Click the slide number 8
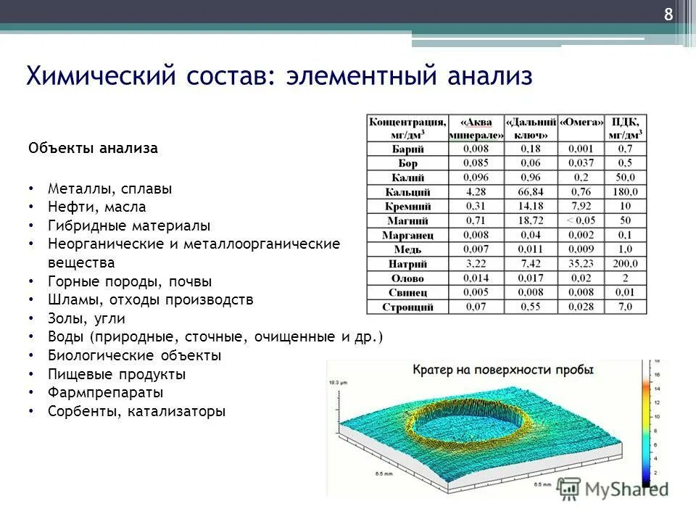pos(668,15)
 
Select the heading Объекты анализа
pos(93,149)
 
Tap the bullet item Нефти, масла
pos(96,207)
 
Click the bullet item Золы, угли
pos(86,318)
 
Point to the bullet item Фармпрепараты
pos(105,393)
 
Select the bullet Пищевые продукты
pos(117,375)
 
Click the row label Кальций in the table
pos(407,192)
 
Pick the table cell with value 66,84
pos(532,191)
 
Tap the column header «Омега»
pos(581,123)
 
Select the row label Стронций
pos(407,307)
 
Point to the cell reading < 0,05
pos(581,220)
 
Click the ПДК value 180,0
pos(625,191)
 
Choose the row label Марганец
pos(407,235)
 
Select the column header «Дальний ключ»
pos(532,128)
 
